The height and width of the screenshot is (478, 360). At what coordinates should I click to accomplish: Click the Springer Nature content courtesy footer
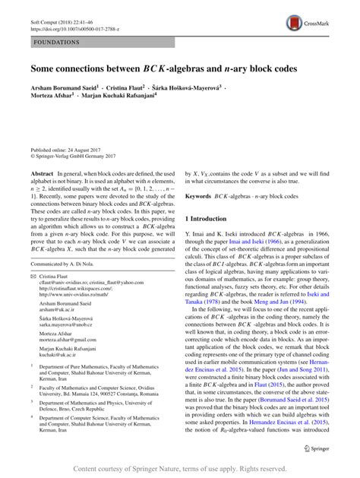pos(180,468)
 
